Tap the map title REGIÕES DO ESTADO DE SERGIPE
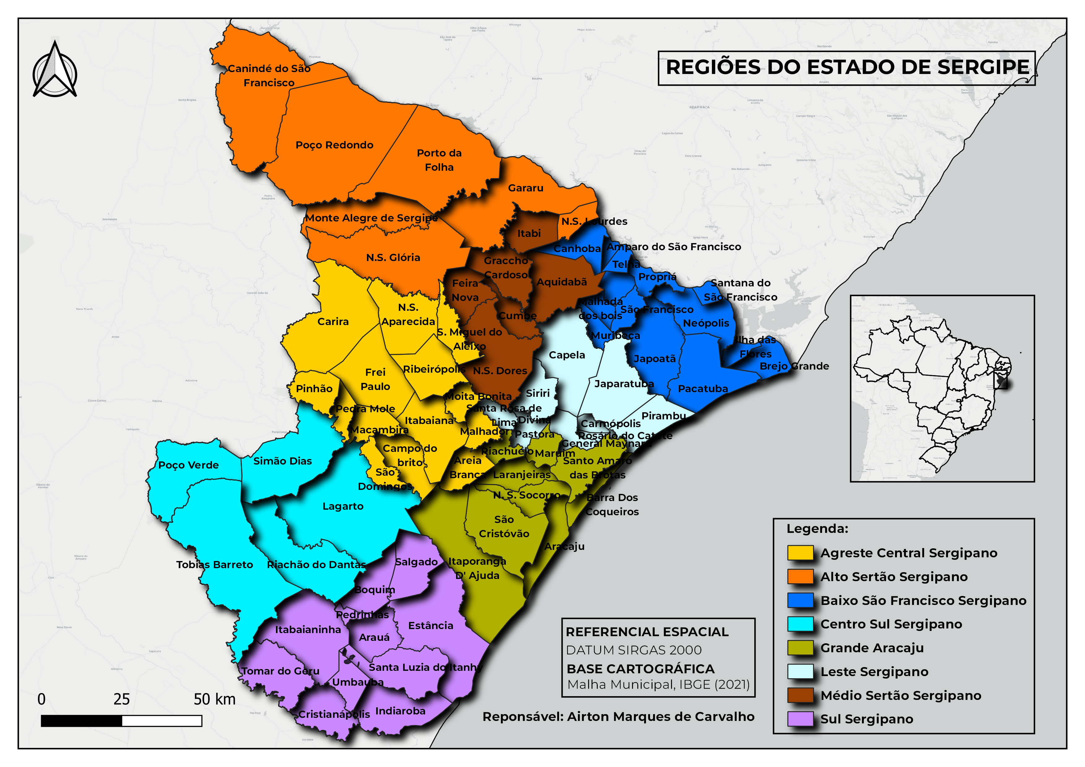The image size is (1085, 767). click(847, 67)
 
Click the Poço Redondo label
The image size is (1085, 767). click(334, 145)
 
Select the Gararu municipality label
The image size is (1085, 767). click(526, 188)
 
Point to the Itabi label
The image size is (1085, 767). click(529, 233)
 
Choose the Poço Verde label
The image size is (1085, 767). click(188, 465)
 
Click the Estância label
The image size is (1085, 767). click(430, 626)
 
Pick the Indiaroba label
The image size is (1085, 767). click(400, 711)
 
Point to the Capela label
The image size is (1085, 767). click(566, 355)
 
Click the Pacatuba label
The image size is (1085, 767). click(703, 389)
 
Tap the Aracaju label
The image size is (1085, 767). click(564, 546)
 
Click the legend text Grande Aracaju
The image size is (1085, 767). click(872, 648)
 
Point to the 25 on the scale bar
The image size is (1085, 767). click(122, 700)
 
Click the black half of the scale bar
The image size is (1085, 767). click(81, 721)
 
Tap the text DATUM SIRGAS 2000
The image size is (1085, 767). click(633, 650)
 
